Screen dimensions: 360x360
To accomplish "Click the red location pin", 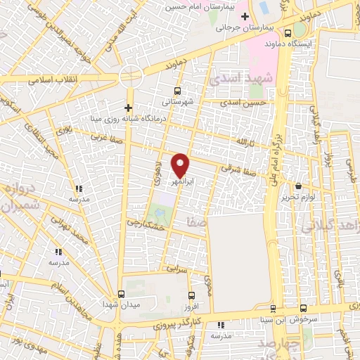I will [181, 165].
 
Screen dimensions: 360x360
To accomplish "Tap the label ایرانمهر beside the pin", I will [182, 181].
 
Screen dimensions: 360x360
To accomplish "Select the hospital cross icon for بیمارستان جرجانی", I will [245, 16].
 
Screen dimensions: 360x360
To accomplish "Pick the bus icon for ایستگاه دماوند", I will [288, 32].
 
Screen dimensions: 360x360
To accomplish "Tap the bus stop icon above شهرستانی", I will [176, 91].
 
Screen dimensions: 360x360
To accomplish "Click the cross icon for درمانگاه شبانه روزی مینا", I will [128, 108].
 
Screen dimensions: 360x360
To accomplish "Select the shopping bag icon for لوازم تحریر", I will [300, 186].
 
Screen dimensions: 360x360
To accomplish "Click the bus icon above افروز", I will [192, 295].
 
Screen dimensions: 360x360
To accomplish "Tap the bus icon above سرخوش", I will [303, 308].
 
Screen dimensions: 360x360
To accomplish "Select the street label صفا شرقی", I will [235, 169].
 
